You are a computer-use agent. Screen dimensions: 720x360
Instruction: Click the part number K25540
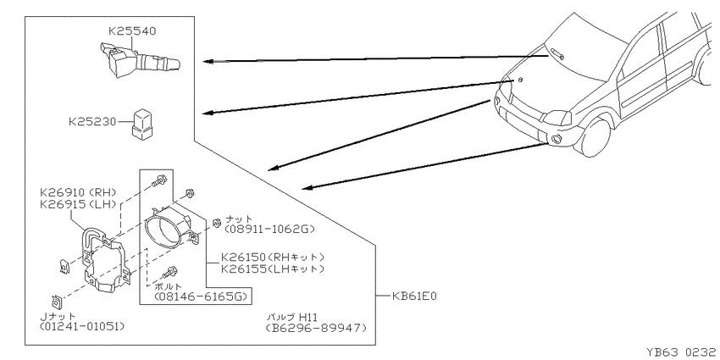pyautogui.click(x=132, y=30)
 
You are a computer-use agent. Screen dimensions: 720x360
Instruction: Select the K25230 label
pyautogui.click(x=92, y=122)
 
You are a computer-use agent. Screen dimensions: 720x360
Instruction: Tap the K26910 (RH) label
pyautogui.click(x=79, y=192)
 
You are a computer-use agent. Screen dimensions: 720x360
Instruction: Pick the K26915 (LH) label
pyautogui.click(x=79, y=204)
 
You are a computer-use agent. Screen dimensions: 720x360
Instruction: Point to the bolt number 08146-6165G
pyautogui.click(x=202, y=296)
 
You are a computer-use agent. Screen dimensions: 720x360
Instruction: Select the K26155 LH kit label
pyautogui.click(x=273, y=269)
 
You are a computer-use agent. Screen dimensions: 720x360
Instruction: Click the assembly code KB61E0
pyautogui.click(x=414, y=296)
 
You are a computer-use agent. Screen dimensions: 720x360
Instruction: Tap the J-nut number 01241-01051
pyautogui.click(x=82, y=326)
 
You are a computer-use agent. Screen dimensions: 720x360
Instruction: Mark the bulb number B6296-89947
pyautogui.click(x=317, y=328)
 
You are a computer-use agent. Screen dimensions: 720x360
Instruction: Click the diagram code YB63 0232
pyautogui.click(x=683, y=352)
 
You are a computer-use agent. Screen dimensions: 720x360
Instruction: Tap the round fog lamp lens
pyautogui.click(x=163, y=231)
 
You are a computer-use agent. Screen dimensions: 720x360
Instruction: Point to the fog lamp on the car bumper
pyautogui.click(x=556, y=139)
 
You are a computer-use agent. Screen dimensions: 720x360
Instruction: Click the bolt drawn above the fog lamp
pyautogui.click(x=161, y=180)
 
